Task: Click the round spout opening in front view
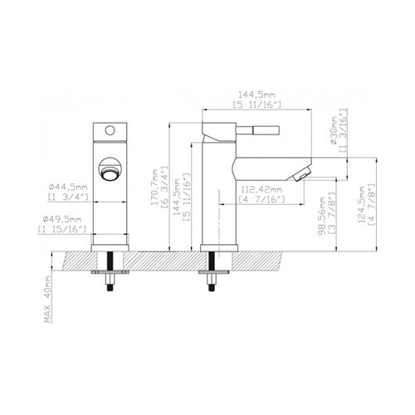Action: (x=108, y=167)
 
